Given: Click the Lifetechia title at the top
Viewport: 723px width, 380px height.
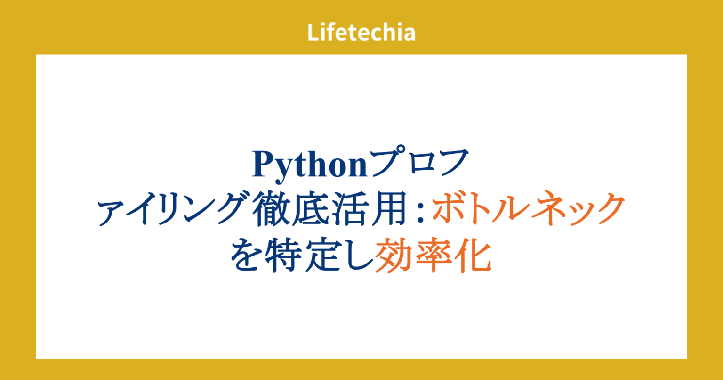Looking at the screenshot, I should coord(361,33).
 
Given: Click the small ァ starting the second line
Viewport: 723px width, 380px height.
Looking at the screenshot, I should coord(109,215).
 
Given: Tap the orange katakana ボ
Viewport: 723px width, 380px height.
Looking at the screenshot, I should coord(449,211).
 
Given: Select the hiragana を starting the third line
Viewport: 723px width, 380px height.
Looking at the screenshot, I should coord(247,257).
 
